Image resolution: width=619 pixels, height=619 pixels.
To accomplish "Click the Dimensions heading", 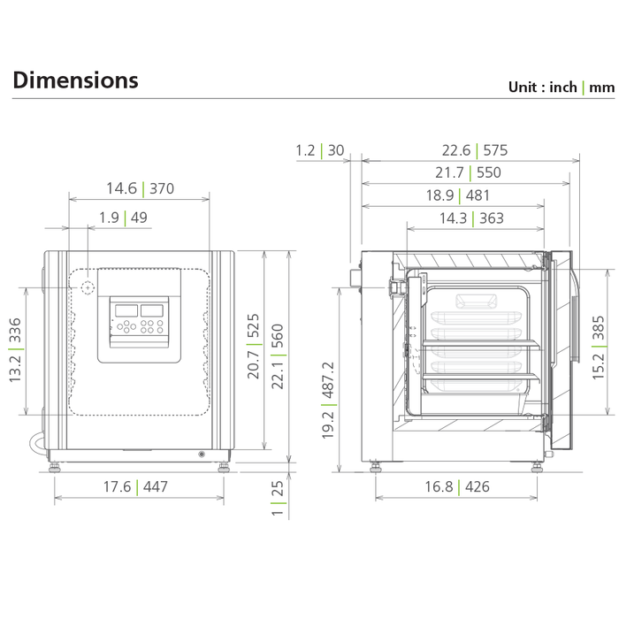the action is (75, 80).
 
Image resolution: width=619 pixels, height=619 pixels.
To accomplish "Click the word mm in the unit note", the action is (601, 88).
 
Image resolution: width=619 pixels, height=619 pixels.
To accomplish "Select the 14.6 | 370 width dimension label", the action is (140, 188).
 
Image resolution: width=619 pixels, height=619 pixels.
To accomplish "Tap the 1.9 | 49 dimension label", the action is (123, 218).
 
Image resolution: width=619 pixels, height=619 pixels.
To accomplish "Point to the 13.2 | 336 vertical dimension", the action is (15, 350).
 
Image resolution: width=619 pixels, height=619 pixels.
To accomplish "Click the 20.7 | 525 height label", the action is (254, 347).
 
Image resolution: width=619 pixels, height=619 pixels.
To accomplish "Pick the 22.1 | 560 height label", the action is (278, 356).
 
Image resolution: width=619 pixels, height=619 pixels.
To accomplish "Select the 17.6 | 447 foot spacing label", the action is (135, 486).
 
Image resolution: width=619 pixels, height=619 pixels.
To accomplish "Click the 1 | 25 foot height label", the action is (278, 498).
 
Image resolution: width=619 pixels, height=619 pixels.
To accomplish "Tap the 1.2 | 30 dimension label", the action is (320, 150).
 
